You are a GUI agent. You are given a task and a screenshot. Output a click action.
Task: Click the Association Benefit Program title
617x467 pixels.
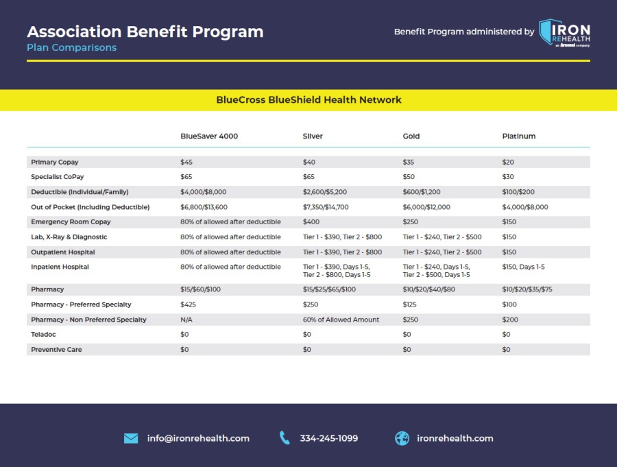tap(145, 32)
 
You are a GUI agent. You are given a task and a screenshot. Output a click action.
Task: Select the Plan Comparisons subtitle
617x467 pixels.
tap(71, 48)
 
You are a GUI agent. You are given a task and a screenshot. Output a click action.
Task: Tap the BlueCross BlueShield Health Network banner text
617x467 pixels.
tap(308, 99)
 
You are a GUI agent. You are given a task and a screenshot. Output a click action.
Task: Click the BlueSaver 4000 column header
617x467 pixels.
tap(209, 136)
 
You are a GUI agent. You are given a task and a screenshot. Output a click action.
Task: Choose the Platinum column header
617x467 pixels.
tap(518, 136)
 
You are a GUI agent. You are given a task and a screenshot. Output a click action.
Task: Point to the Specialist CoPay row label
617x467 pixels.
tap(57, 177)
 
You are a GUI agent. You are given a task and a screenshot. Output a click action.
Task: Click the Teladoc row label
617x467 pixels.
tap(45, 334)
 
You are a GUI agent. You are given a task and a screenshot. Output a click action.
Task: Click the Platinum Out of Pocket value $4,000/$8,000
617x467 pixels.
tap(525, 207)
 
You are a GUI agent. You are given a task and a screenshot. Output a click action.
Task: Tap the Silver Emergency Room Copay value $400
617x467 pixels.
tap(312, 222)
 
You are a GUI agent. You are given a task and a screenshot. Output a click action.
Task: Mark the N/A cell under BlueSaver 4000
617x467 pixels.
tap(186, 320)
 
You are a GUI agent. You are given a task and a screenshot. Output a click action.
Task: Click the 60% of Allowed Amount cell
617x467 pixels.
tap(341, 320)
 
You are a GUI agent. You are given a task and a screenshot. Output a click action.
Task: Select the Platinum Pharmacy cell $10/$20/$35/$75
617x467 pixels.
tap(527, 289)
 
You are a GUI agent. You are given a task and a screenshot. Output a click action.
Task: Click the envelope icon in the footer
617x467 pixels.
tap(131, 438)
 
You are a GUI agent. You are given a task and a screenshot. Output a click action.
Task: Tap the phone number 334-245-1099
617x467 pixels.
tap(328, 438)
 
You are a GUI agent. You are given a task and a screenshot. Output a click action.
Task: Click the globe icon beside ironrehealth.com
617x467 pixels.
tap(402, 438)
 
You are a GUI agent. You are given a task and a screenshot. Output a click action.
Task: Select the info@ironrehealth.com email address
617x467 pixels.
tap(198, 438)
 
